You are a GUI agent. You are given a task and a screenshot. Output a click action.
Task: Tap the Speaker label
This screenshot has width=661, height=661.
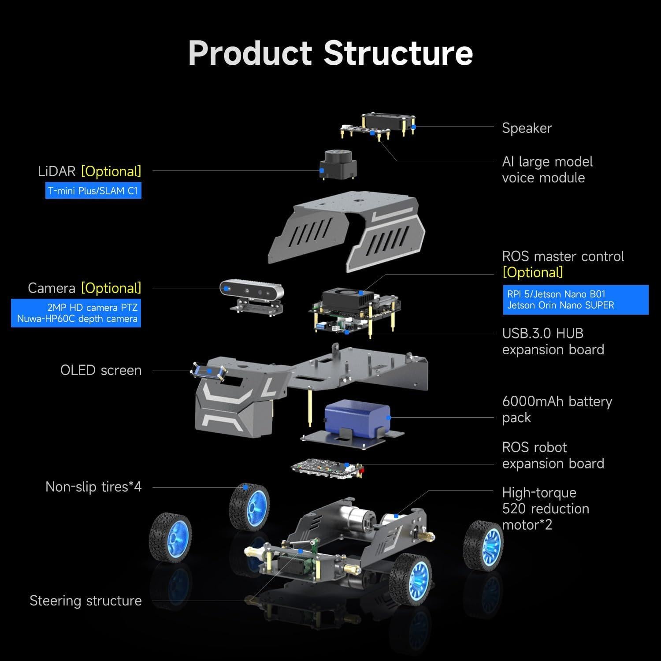pyautogui.click(x=527, y=128)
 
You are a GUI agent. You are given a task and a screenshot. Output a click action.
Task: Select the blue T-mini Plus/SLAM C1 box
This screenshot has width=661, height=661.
pyautogui.click(x=93, y=191)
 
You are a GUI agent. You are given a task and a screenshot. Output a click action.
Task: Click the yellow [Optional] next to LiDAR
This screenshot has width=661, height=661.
pyautogui.click(x=111, y=171)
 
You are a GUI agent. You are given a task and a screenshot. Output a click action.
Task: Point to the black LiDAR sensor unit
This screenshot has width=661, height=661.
pyautogui.click(x=339, y=164)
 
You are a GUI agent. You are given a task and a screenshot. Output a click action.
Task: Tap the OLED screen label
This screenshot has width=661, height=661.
pyautogui.click(x=101, y=370)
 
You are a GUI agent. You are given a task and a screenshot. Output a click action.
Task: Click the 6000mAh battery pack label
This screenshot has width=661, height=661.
pyautogui.click(x=557, y=409)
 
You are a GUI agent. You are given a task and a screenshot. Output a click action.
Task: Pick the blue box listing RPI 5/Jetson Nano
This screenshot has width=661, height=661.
pyautogui.click(x=576, y=300)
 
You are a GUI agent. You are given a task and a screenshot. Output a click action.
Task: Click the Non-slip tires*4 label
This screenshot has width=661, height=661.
pyautogui.click(x=93, y=487)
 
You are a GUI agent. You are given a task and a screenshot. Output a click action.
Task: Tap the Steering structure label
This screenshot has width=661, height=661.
pyautogui.click(x=85, y=601)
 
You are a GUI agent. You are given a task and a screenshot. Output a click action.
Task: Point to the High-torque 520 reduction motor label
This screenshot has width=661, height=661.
pyautogui.click(x=546, y=509)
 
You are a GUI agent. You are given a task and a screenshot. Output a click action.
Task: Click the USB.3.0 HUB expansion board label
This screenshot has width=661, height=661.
pyautogui.click(x=553, y=342)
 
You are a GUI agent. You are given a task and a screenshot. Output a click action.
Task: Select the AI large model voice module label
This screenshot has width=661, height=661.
pyautogui.click(x=547, y=170)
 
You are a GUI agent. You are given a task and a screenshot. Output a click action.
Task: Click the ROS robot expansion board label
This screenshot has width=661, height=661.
pyautogui.click(x=553, y=455)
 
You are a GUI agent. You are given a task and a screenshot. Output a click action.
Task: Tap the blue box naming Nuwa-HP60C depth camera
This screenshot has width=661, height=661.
pyautogui.click(x=76, y=313)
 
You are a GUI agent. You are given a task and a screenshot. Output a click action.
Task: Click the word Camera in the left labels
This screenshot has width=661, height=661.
pyautogui.click(x=52, y=288)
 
